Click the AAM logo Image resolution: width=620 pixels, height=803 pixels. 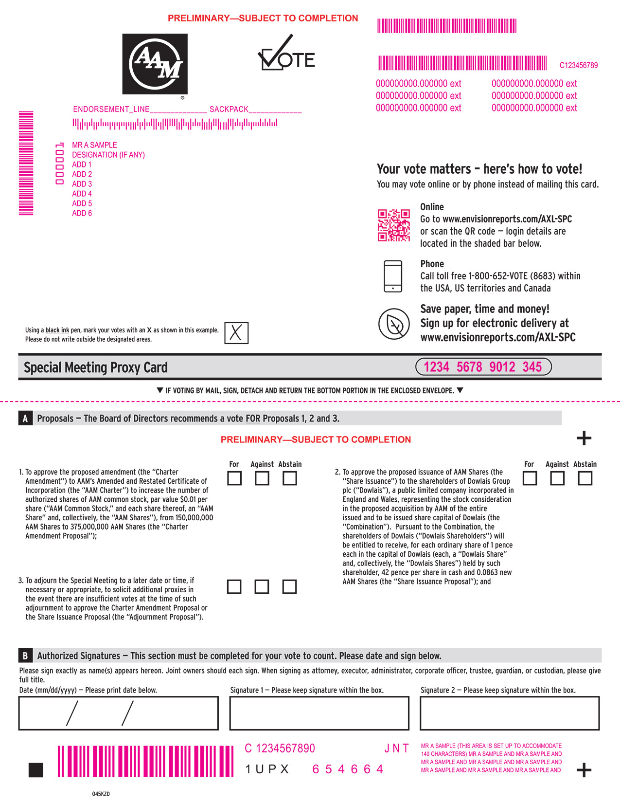(x=155, y=64)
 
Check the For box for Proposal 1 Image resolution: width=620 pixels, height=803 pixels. (x=234, y=478)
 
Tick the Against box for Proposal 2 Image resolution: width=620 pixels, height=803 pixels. (x=557, y=478)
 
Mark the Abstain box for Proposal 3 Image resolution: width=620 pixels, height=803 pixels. (x=289, y=586)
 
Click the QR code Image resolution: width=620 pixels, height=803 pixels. (x=394, y=225)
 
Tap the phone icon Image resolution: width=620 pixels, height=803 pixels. (x=393, y=276)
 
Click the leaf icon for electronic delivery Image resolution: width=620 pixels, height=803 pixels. (x=394, y=324)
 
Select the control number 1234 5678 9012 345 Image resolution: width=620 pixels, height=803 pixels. (x=483, y=367)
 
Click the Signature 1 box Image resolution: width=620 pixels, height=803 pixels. (x=319, y=713)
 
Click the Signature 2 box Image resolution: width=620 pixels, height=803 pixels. (x=509, y=713)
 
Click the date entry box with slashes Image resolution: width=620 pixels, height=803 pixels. (x=118, y=713)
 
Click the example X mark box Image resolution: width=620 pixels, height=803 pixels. (x=236, y=333)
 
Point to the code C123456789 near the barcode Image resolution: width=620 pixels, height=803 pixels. (x=578, y=65)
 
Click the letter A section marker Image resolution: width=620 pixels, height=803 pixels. (x=25, y=419)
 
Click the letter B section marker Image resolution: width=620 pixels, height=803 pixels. (x=25, y=656)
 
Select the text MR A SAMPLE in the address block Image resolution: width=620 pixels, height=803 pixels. (x=94, y=145)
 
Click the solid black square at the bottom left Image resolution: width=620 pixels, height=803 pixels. (x=36, y=770)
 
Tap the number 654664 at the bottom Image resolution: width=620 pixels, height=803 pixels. (x=348, y=769)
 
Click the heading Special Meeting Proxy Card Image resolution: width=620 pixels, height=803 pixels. (x=96, y=367)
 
